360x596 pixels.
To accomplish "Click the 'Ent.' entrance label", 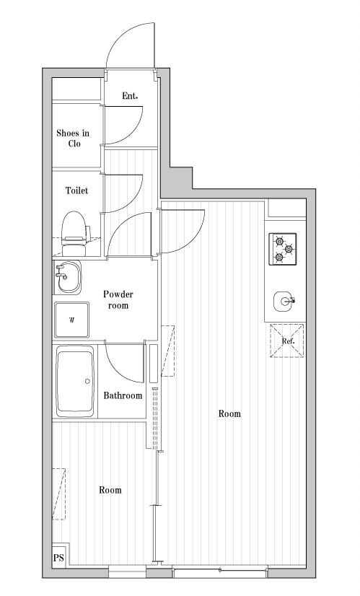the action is click(x=130, y=96).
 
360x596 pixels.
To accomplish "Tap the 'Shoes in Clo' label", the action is click(x=73, y=139).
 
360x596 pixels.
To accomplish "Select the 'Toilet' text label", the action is click(x=76, y=190).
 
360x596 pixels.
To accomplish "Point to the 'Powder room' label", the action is click(x=118, y=300).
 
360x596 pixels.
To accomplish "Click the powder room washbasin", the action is click(x=67, y=277).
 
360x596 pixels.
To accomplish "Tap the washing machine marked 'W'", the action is click(x=72, y=320).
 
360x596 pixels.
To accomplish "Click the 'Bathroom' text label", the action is click(x=123, y=395).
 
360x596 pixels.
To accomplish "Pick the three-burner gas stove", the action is click(x=283, y=250).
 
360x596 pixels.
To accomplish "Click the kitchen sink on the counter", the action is click(x=284, y=302).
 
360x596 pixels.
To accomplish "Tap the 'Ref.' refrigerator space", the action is click(x=287, y=341).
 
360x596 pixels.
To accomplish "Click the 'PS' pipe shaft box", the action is click(x=58, y=558).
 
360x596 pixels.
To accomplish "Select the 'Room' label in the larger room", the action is click(x=229, y=413).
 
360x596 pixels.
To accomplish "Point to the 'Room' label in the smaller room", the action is click(x=110, y=490).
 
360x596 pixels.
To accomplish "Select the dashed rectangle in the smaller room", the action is click(x=59, y=494).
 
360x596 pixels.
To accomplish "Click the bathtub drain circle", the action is click(x=87, y=381).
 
